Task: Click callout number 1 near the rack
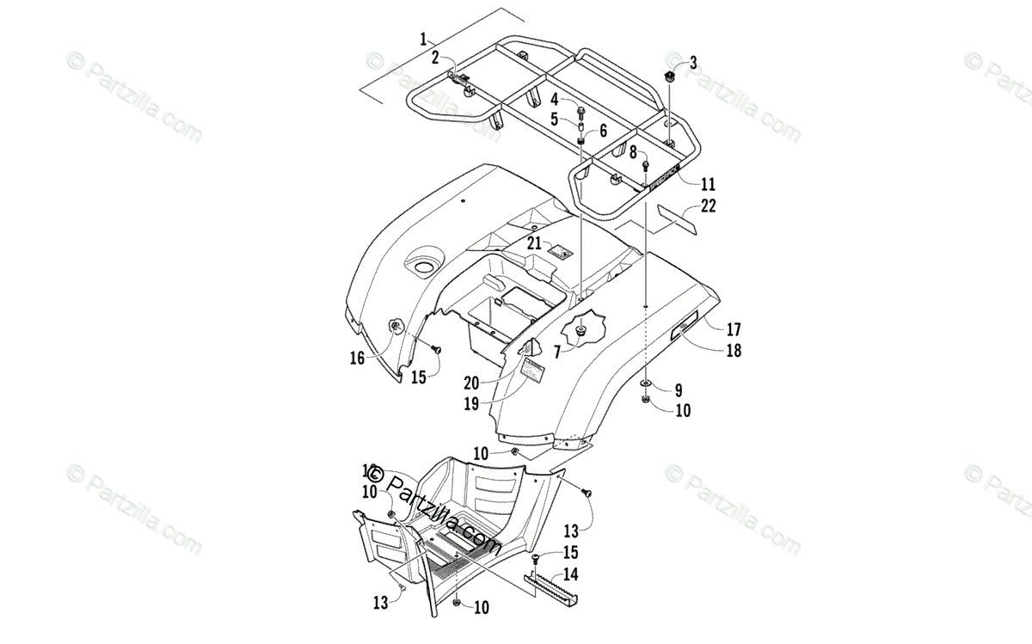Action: click(x=423, y=38)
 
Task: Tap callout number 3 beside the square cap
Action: click(x=693, y=62)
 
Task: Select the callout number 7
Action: click(x=557, y=351)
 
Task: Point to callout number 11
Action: click(x=708, y=184)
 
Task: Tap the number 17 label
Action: click(x=734, y=328)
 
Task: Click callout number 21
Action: click(x=534, y=243)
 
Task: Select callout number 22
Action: click(x=708, y=205)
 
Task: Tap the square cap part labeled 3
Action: click(x=672, y=77)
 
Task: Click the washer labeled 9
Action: click(x=645, y=382)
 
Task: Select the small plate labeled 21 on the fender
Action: click(x=561, y=252)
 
